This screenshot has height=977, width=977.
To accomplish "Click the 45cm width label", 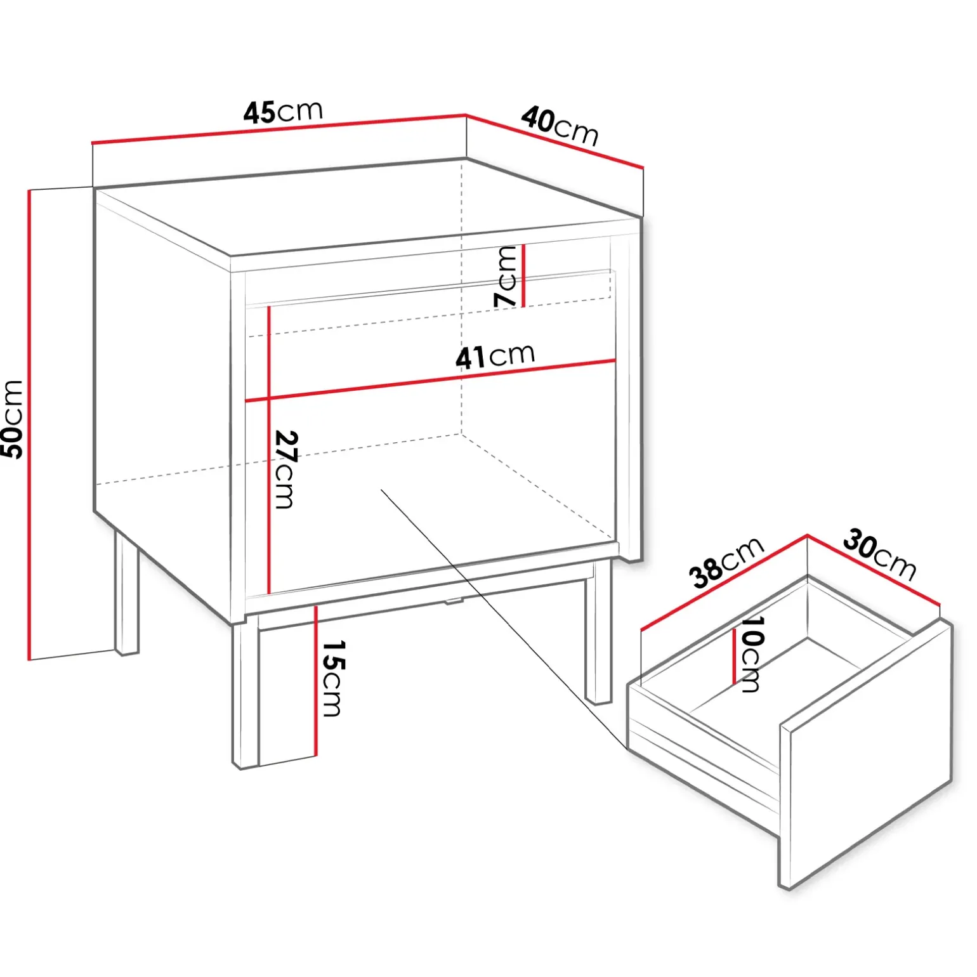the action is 283,112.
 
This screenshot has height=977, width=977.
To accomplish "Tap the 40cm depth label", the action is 560,126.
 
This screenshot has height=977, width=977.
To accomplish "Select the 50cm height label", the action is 13,419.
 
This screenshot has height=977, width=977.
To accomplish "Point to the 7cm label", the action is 506,277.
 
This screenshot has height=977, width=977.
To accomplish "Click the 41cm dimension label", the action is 495,357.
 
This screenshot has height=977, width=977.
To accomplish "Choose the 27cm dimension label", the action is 286,469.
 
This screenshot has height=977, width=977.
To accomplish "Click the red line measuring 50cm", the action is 29,424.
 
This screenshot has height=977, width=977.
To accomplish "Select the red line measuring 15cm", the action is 315,681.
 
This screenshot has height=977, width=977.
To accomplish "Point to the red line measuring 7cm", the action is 523,275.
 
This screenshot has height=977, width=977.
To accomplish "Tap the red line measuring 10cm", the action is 735,656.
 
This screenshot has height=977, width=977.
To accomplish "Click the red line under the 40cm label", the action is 555,141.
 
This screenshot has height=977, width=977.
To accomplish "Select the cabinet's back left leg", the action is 126,593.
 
